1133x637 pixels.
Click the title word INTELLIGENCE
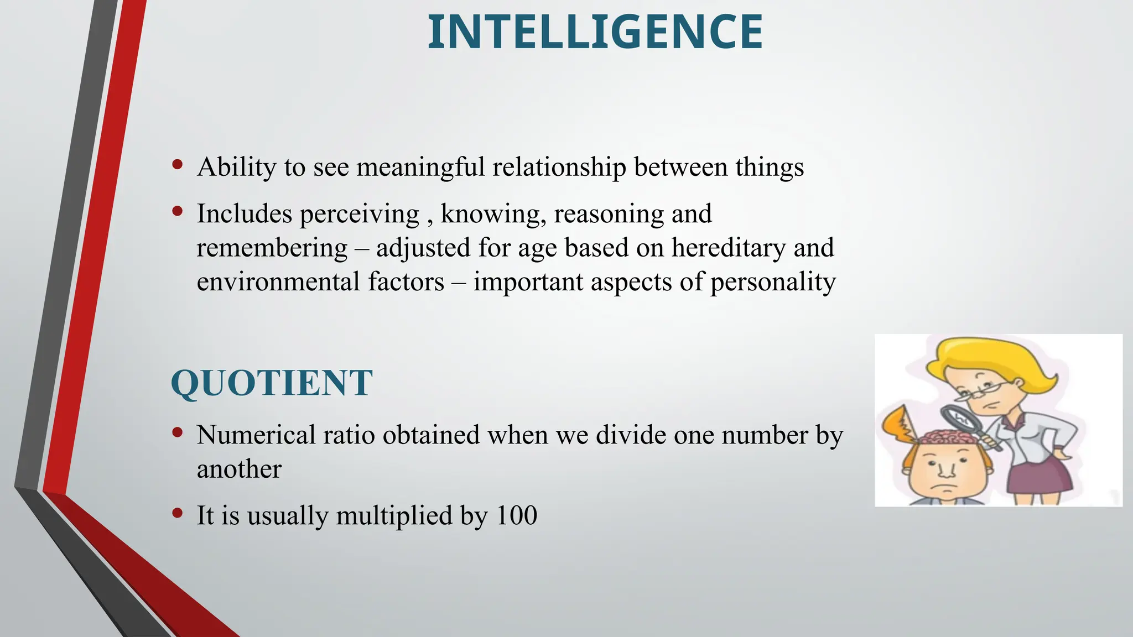click(595, 32)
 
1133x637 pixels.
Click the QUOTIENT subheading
click(272, 383)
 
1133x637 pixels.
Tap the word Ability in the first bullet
click(236, 167)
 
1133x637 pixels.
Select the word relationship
click(559, 167)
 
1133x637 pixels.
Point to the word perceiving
click(359, 214)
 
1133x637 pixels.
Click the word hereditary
click(729, 248)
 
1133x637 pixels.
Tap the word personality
click(773, 282)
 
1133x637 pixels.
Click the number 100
click(517, 515)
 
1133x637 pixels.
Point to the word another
click(239, 469)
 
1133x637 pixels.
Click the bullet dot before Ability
click(177, 164)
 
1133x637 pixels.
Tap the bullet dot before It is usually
click(177, 513)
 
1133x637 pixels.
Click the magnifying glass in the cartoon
click(962, 421)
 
